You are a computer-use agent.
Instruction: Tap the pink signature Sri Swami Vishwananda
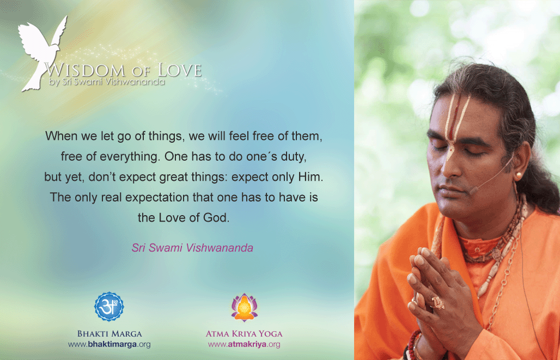click(x=192, y=248)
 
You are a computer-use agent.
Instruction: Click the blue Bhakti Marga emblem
click(x=109, y=307)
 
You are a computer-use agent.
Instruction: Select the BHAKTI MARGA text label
click(x=109, y=334)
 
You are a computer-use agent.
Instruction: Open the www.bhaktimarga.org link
click(x=109, y=345)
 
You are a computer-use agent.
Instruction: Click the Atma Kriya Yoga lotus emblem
click(x=244, y=307)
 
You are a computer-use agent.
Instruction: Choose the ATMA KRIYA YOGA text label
click(x=244, y=334)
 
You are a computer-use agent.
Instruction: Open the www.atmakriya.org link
click(x=244, y=345)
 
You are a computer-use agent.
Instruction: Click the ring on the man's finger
click(x=438, y=303)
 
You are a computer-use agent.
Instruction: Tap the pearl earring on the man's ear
click(x=518, y=176)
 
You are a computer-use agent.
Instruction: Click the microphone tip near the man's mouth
click(x=473, y=191)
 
